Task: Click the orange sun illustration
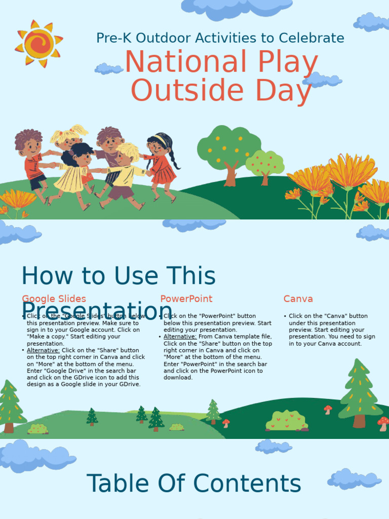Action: point(39,44)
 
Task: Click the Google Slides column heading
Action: point(54,299)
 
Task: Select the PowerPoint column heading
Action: point(186,299)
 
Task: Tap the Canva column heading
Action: point(298,299)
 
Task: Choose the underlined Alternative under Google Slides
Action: point(43,350)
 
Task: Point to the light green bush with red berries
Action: point(287,421)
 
